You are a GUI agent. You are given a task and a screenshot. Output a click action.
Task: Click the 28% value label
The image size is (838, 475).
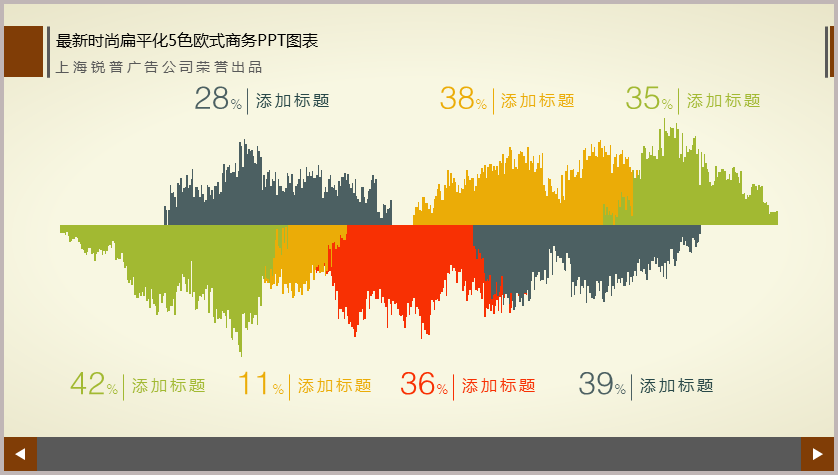coord(218,99)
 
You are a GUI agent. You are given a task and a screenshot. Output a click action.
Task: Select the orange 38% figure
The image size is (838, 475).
coord(463,99)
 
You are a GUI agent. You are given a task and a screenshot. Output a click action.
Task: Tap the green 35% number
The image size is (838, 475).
coord(649,99)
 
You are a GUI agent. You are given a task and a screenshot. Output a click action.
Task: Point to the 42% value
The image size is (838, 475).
coord(94,384)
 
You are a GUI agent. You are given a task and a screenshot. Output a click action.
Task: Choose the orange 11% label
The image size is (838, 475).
coord(261,384)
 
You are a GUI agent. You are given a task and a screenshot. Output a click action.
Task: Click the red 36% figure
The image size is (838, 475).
coord(424,384)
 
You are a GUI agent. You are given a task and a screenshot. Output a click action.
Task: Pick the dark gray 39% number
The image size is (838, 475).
coord(602,384)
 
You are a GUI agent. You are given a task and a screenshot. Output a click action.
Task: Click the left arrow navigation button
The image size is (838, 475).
coord(20,454)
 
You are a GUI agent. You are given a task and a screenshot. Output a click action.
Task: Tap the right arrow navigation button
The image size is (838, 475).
coord(817,454)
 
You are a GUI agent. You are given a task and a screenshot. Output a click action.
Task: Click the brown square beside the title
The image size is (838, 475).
coord(24,51)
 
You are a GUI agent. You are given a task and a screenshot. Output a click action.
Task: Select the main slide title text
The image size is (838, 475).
coord(187,41)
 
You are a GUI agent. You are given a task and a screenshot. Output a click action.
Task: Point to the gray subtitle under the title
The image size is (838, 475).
coord(159,67)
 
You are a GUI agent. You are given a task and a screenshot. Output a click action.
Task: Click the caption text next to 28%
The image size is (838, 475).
coord(292,100)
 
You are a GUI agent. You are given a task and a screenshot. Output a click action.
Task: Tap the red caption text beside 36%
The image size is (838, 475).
coord(499,386)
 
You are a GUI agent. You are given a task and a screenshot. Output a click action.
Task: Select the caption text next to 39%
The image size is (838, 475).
coord(677,386)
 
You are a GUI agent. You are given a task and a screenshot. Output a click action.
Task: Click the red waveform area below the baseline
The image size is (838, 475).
coord(406,267)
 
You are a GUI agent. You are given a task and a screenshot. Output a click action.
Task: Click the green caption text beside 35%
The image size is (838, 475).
coord(724,100)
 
